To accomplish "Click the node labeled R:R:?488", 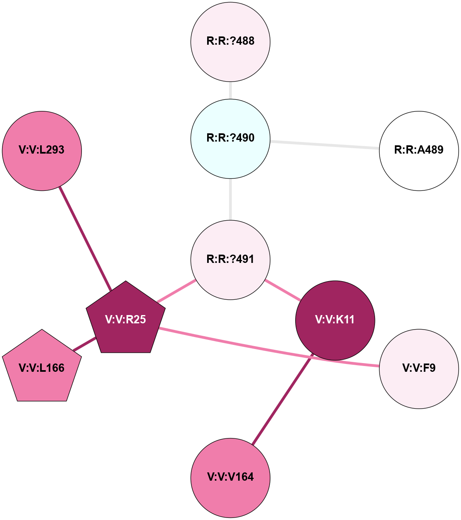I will (x=230, y=41).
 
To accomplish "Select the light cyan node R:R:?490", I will (x=230, y=138).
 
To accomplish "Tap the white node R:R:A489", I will (x=419, y=151).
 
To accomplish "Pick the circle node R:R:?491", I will (x=230, y=260).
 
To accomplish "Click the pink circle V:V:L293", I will (x=42, y=151).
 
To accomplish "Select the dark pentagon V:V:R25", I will (x=126, y=319).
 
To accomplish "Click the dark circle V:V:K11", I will (x=335, y=320).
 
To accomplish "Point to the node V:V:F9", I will (x=419, y=368).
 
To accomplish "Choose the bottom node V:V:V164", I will (x=230, y=477).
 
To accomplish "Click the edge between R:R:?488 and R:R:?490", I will (x=230, y=90).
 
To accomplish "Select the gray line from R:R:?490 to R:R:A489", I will (x=325, y=144).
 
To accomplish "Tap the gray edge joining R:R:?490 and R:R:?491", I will (x=230, y=199).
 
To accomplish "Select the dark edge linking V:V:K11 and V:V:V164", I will (x=282, y=400).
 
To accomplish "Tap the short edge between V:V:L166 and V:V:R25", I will (x=85, y=344).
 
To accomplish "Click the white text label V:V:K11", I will (x=335, y=320).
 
